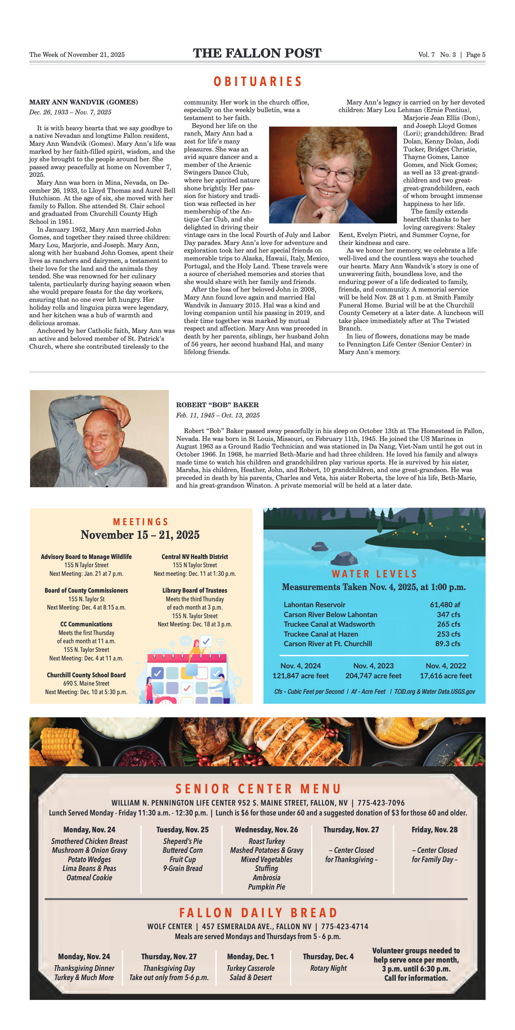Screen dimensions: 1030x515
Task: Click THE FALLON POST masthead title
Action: (257, 53)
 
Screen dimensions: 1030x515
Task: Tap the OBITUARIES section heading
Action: (257, 82)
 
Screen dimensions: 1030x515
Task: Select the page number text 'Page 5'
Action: (475, 55)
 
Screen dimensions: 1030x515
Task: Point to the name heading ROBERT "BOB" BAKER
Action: (217, 405)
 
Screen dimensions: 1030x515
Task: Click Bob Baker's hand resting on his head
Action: (116, 411)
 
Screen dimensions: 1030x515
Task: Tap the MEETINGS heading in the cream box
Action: (140, 522)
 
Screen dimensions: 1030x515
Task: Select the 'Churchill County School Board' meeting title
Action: (86, 675)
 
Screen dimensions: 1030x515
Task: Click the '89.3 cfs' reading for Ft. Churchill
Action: (448, 644)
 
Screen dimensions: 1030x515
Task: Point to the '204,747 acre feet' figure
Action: (373, 676)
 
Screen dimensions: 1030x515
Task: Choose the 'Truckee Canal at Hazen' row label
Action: (321, 634)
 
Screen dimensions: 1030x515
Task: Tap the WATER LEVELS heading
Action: (374, 574)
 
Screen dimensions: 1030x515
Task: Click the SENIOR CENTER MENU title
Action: (258, 789)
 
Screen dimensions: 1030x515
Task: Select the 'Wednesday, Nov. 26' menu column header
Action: (266, 830)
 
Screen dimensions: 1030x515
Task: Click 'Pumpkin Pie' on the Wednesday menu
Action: (266, 887)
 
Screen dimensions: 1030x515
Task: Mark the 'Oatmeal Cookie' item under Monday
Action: (89, 878)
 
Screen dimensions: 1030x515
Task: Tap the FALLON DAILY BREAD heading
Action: (258, 913)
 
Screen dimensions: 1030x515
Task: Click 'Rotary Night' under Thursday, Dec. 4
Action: (328, 968)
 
